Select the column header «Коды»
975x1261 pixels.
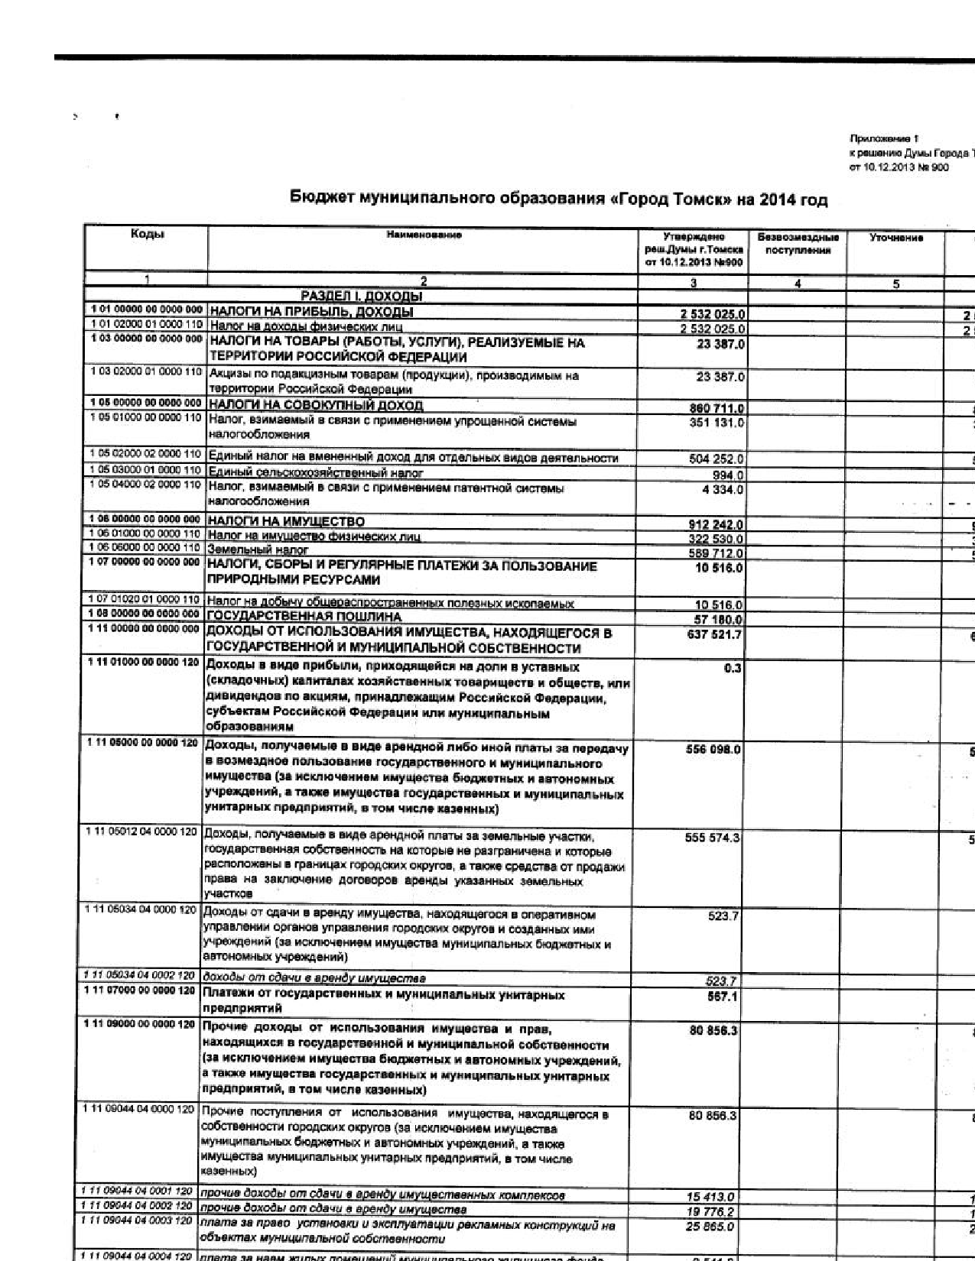(x=146, y=235)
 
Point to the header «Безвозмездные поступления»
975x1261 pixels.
(x=798, y=244)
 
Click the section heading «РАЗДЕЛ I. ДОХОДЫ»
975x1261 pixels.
(x=362, y=296)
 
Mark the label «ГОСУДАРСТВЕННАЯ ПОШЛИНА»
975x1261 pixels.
(x=304, y=616)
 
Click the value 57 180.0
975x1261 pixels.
(x=718, y=618)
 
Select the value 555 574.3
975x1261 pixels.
(x=713, y=838)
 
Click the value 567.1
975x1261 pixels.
(x=723, y=997)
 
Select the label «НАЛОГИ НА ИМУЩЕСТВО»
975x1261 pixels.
(x=287, y=521)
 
